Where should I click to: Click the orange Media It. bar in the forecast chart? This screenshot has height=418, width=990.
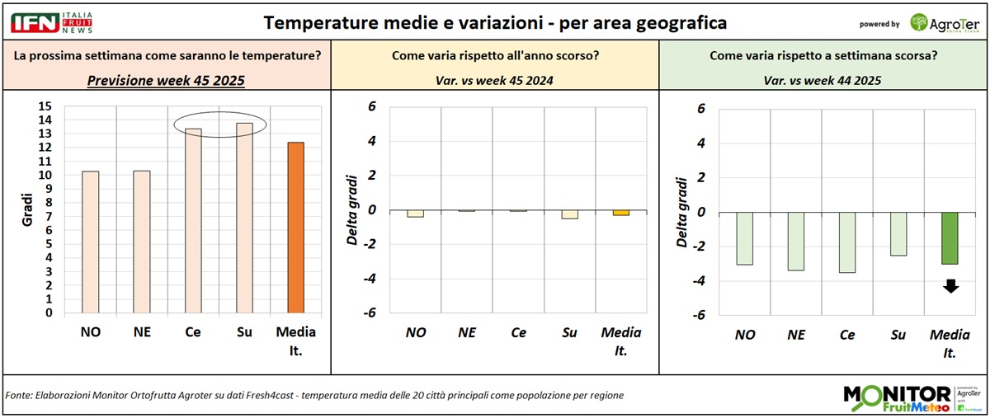click(295, 228)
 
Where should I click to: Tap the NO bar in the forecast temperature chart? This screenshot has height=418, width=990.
click(90, 242)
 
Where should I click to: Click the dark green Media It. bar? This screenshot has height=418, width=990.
click(950, 238)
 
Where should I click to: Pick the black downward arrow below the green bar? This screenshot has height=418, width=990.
click(950, 286)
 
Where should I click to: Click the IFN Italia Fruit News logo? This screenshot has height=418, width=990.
click(52, 22)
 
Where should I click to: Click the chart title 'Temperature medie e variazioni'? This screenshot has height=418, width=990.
click(495, 23)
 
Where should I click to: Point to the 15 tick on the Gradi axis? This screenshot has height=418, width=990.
click(45, 106)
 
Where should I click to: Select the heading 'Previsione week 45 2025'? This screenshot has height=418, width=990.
click(165, 80)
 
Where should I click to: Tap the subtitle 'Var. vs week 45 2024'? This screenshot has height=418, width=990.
click(494, 80)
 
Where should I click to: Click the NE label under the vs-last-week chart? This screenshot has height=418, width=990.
click(797, 336)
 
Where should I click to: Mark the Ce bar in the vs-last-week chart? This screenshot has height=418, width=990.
click(847, 242)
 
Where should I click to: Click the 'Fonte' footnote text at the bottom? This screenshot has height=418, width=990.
click(313, 396)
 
